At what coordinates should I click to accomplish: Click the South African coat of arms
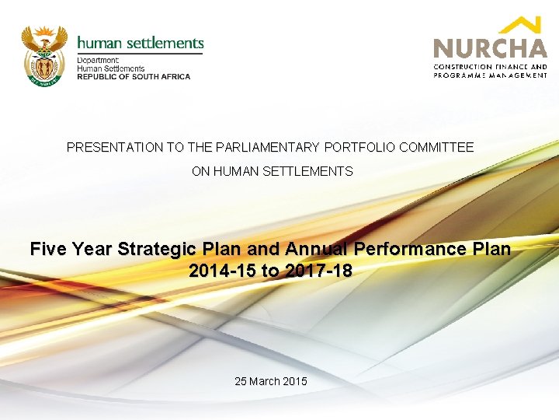click(43, 54)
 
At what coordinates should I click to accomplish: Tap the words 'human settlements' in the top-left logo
click(141, 44)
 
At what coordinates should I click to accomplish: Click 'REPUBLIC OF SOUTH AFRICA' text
click(134, 77)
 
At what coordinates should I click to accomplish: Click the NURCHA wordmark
click(490, 48)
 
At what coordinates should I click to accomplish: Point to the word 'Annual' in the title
click(316, 250)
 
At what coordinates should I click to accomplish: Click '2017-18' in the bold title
click(322, 271)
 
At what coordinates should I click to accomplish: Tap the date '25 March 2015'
click(271, 381)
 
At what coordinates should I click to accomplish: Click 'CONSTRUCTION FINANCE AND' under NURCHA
click(490, 67)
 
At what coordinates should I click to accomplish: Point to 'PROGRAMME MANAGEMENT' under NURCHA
click(490, 75)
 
